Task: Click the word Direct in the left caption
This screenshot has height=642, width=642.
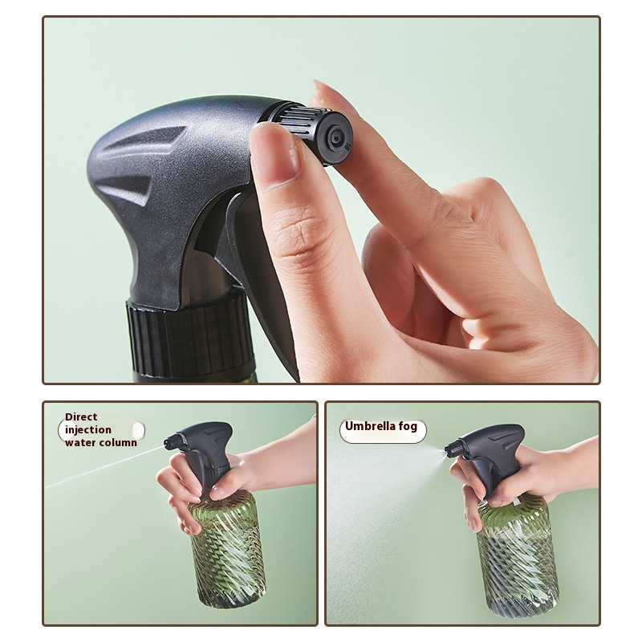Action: pyautogui.click(x=81, y=416)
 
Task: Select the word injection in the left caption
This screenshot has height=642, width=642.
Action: pyautogui.click(x=88, y=430)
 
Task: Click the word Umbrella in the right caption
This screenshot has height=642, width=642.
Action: pyautogui.click(x=368, y=426)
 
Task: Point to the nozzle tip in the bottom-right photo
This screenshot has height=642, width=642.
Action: pyautogui.click(x=447, y=449)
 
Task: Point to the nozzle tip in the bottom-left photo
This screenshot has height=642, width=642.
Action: pyautogui.click(x=166, y=443)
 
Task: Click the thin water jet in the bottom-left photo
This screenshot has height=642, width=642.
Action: pyautogui.click(x=104, y=467)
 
